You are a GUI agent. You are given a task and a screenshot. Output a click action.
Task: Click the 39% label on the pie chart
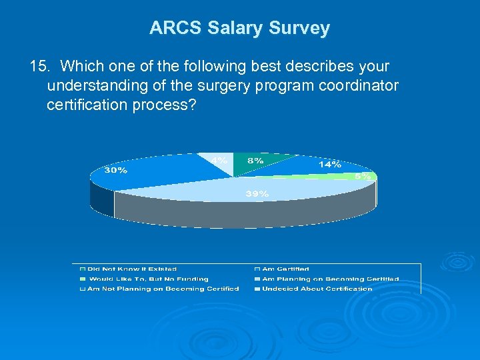[x=258, y=193]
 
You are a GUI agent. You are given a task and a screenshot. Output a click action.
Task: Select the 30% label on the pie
[x=115, y=170]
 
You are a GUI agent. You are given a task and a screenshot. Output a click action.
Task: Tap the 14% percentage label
[x=330, y=163]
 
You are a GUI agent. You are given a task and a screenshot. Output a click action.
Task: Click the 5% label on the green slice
[x=363, y=177]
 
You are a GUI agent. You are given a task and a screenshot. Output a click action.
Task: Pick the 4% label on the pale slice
[x=221, y=160]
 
